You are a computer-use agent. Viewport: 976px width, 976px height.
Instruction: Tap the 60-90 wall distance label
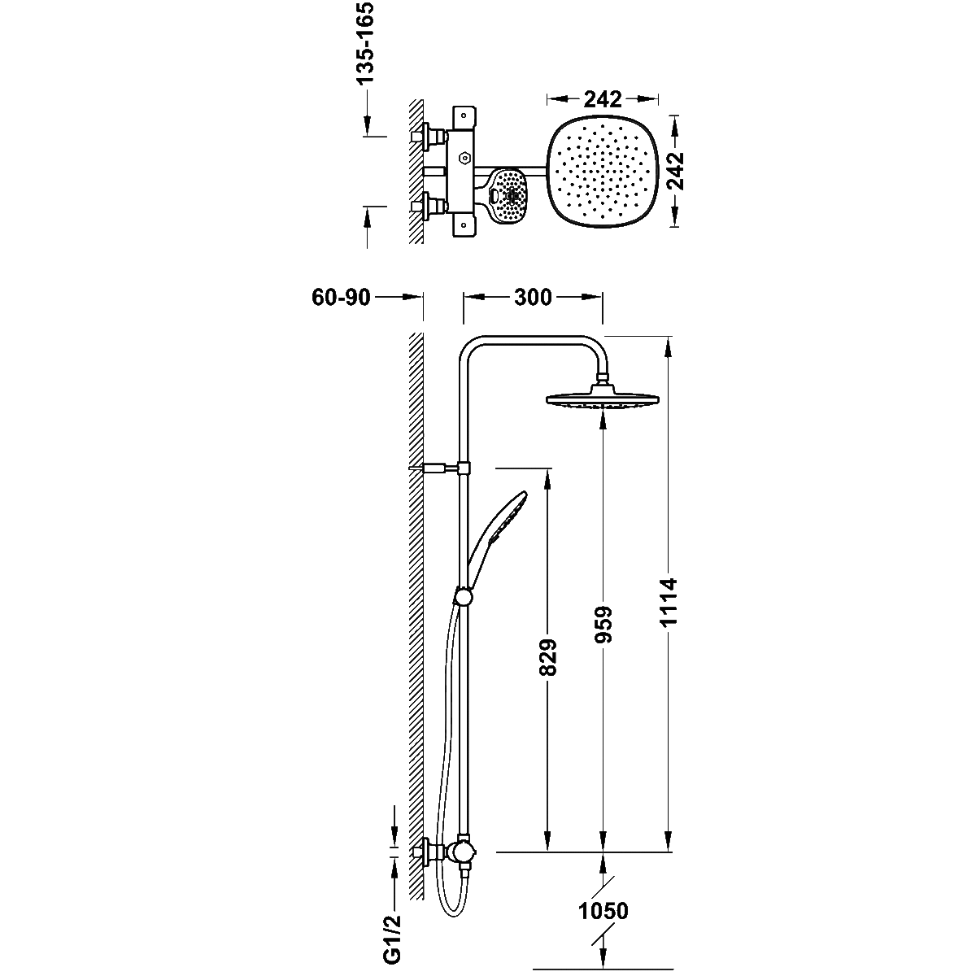pyautogui.click(x=342, y=298)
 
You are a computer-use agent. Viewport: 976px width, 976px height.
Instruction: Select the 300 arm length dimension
pyautogui.click(x=533, y=298)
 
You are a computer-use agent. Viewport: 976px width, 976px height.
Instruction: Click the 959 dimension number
pyautogui.click(x=603, y=625)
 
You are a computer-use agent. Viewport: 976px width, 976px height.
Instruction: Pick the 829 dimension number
pyautogui.click(x=548, y=657)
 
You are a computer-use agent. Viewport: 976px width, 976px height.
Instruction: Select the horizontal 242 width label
pyautogui.click(x=603, y=99)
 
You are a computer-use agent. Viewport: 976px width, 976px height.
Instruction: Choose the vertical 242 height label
pyautogui.click(x=674, y=171)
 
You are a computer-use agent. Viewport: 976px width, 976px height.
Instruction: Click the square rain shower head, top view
pyautogui.click(x=603, y=172)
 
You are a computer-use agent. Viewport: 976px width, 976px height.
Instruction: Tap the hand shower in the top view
pyautogui.click(x=508, y=195)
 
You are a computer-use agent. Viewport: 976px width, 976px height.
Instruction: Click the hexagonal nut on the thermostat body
pyautogui.click(x=464, y=158)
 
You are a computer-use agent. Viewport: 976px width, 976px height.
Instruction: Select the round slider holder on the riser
pyautogui.click(x=464, y=597)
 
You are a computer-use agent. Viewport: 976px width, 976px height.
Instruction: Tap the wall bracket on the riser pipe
pyautogui.click(x=441, y=468)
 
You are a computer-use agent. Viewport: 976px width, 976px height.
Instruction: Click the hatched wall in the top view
pyautogui.click(x=416, y=171)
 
